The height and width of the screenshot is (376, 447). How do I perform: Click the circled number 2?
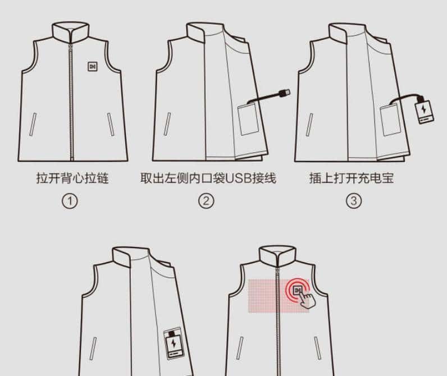tap(207, 201)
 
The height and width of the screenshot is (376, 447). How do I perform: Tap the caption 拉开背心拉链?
tap(72, 178)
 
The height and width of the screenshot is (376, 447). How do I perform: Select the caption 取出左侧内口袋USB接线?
tap(208, 178)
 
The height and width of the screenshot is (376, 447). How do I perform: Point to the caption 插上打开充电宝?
tap(352, 178)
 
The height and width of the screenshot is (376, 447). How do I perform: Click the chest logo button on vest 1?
tap(93, 66)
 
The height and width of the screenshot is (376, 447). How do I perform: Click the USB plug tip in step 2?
tap(285, 91)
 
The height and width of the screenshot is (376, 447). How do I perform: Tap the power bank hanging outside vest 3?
tap(425, 111)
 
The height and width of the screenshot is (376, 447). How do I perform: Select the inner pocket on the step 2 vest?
tap(248, 119)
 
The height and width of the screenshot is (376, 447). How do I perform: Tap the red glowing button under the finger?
tap(298, 290)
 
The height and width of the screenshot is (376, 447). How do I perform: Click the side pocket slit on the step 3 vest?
tap(311, 125)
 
